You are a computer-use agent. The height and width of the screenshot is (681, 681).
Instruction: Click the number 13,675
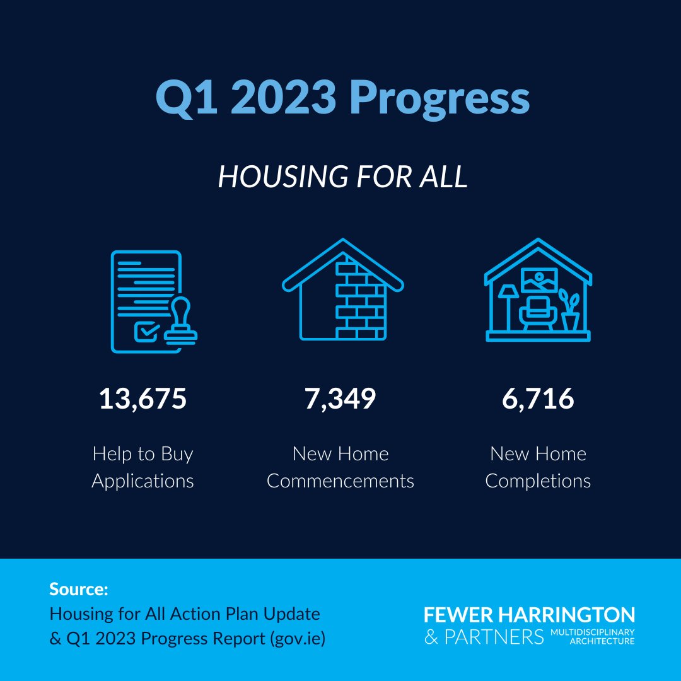(x=143, y=399)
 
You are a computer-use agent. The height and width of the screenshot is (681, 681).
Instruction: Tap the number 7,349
(x=340, y=399)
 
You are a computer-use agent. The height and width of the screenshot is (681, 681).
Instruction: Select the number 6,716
(x=538, y=399)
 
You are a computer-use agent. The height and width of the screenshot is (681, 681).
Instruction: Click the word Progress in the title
(x=439, y=98)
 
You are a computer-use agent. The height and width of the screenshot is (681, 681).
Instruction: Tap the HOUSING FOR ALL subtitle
(x=342, y=177)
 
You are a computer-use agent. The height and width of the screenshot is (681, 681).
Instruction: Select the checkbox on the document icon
(x=147, y=330)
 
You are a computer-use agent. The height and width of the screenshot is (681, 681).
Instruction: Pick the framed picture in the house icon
(x=539, y=280)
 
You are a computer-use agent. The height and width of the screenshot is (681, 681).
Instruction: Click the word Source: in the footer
(x=79, y=590)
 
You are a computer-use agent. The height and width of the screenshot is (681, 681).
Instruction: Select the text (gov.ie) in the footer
(x=296, y=638)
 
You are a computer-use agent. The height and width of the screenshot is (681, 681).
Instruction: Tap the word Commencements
(x=340, y=481)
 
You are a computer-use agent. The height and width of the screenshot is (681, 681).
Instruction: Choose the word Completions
(x=538, y=481)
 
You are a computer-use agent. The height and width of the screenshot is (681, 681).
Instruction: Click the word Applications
(x=143, y=481)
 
